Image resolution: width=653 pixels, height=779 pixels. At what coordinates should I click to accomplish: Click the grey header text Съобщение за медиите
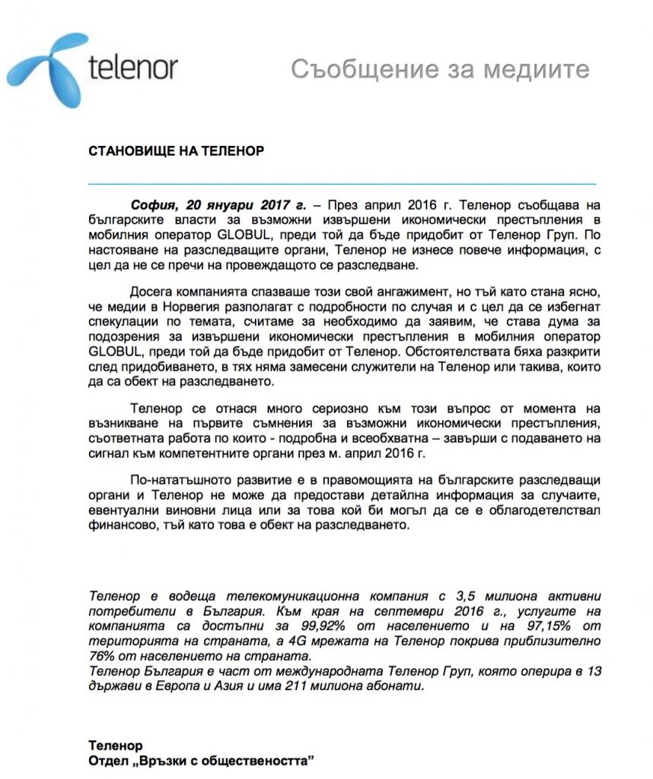pyautogui.click(x=440, y=69)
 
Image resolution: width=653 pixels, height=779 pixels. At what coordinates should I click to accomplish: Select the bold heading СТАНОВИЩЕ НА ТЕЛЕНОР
pyautogui.click(x=176, y=151)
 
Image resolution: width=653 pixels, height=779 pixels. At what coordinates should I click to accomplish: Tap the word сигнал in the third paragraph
pyautogui.click(x=109, y=454)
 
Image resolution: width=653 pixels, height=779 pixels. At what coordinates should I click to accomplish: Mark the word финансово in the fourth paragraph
pyautogui.click(x=116, y=528)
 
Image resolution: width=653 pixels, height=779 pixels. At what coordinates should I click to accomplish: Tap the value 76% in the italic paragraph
pyautogui.click(x=101, y=656)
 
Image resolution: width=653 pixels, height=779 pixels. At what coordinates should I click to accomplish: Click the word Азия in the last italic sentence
pyautogui.click(x=246, y=685)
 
